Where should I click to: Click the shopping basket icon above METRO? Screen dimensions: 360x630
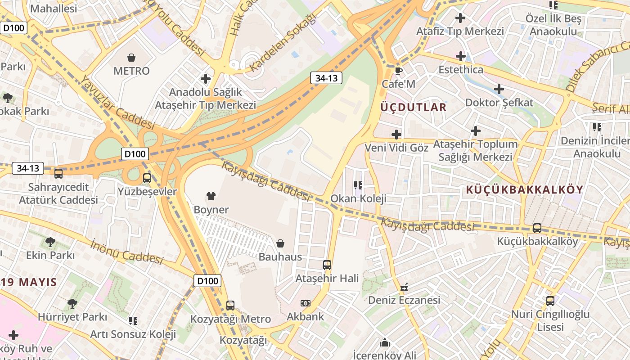131,58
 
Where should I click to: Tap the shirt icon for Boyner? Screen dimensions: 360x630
211,196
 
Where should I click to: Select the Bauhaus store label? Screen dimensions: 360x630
280,256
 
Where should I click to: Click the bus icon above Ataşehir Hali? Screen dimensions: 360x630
327,265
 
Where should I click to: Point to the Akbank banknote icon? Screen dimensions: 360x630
306,303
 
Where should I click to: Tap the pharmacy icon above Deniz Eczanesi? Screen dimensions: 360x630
404,287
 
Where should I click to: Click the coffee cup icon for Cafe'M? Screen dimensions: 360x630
398,71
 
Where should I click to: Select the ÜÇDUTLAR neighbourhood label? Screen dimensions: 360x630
413,107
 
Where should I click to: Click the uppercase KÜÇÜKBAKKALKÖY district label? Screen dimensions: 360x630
524,189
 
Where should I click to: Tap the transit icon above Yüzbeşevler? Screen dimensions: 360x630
147,178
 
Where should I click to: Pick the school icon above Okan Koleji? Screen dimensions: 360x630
358,185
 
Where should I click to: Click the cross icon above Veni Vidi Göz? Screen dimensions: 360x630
396,135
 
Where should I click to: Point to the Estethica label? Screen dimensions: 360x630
461,70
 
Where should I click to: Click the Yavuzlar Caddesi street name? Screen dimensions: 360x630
117,103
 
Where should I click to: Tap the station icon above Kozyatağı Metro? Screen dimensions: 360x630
230,306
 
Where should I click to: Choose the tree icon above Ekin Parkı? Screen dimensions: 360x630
50,242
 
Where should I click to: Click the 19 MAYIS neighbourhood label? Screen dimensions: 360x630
29,283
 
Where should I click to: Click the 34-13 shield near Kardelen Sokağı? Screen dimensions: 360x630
326,78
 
